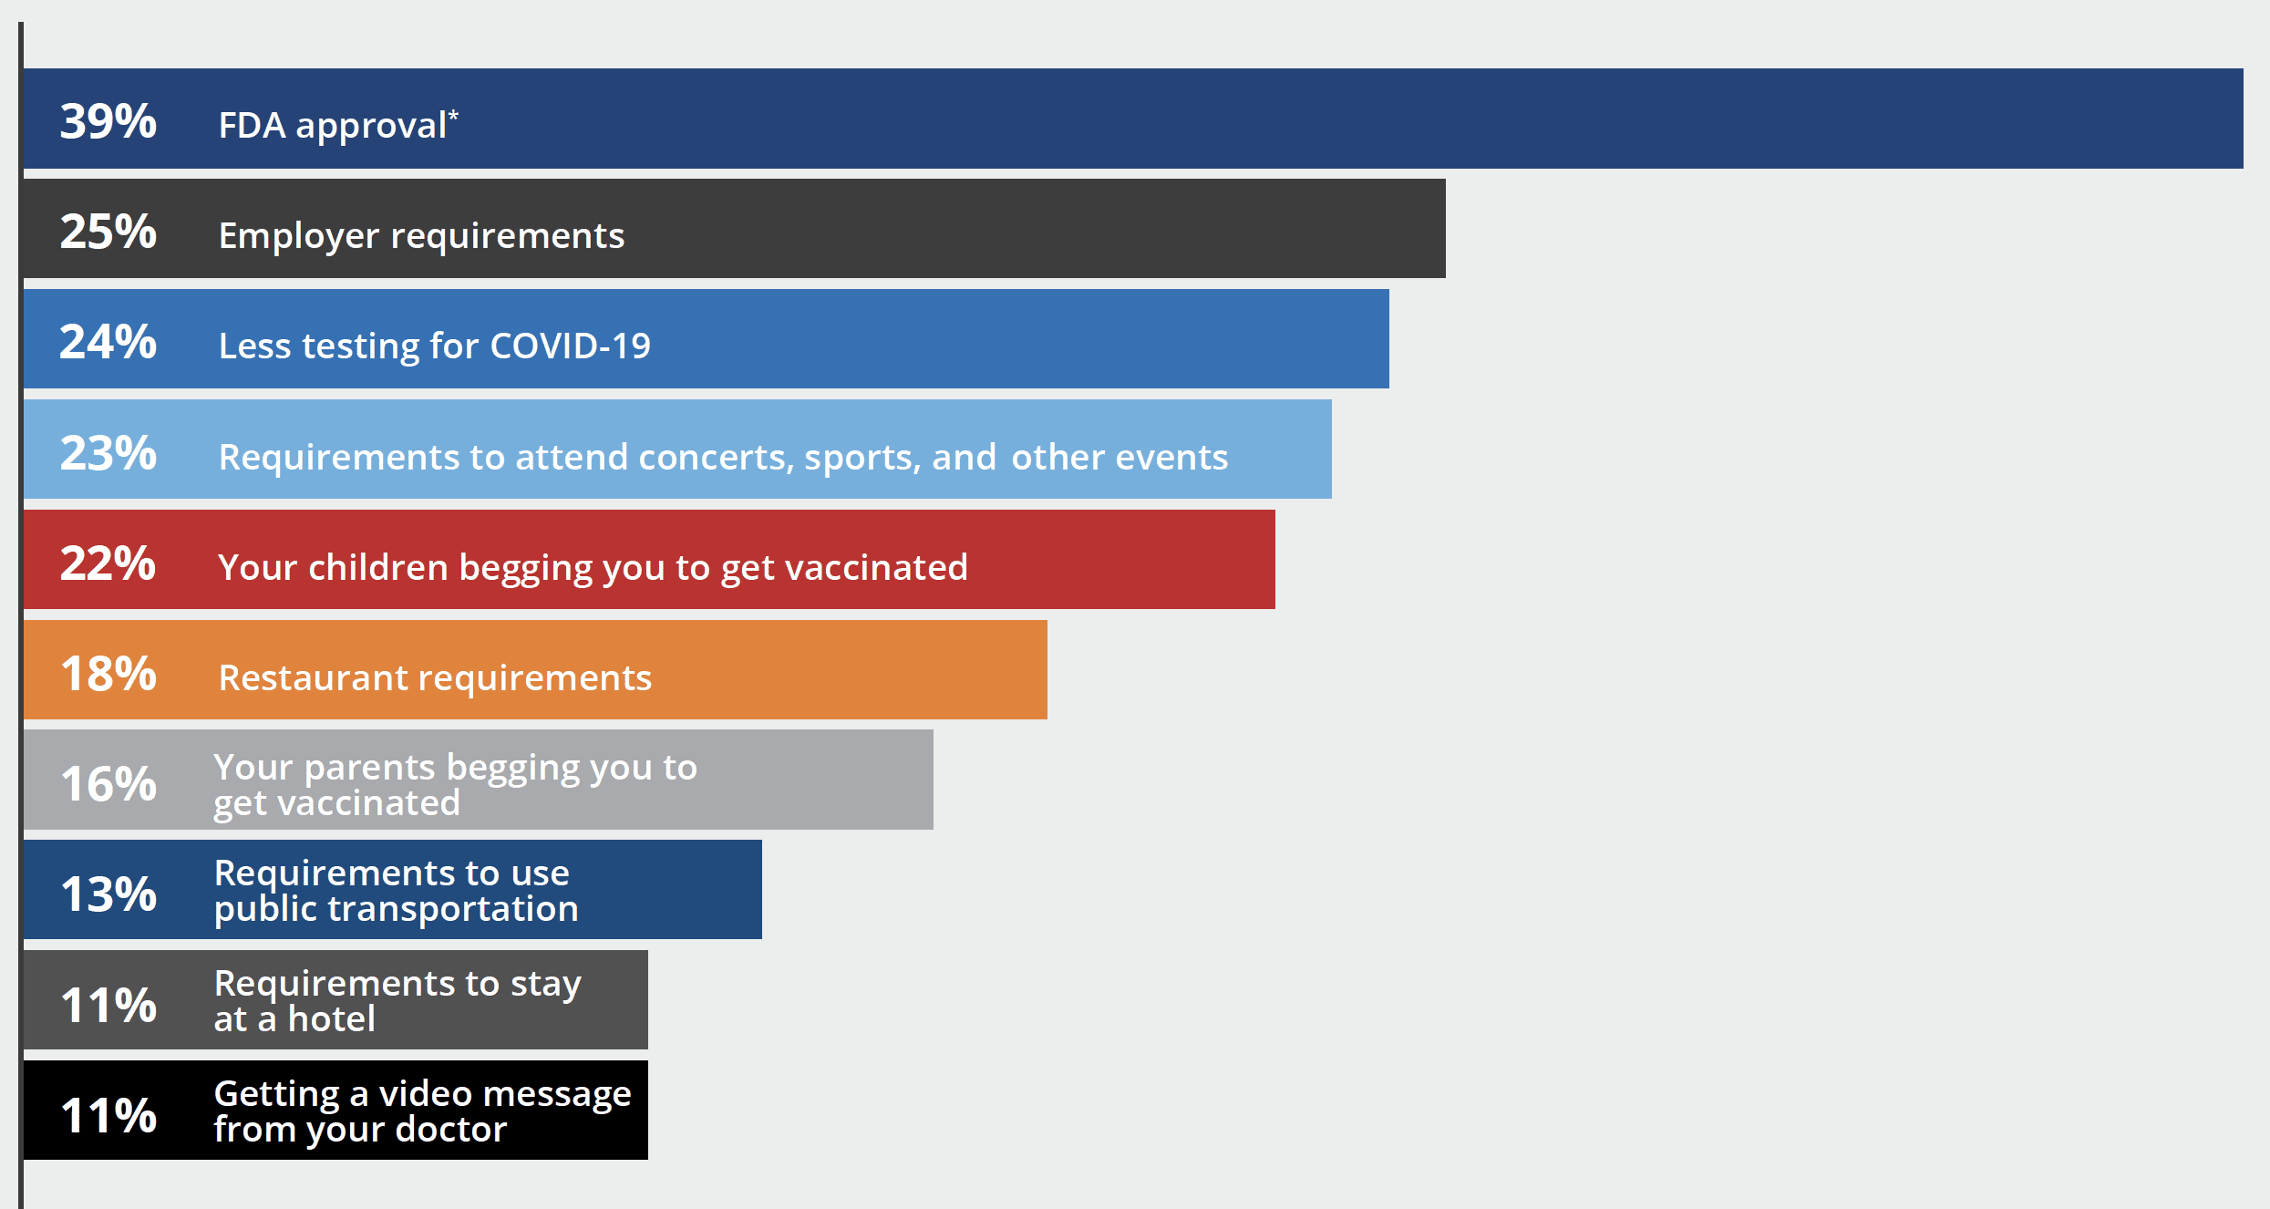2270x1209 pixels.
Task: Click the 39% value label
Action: tap(108, 121)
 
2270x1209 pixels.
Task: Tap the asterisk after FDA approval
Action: tap(453, 115)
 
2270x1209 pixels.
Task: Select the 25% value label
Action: tap(108, 232)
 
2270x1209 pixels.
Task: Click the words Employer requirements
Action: tap(421, 236)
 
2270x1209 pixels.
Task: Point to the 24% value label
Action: tap(108, 342)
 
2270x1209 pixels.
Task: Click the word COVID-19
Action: tap(571, 346)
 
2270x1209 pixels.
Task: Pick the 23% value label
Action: tap(108, 453)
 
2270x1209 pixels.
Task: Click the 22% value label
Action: tap(108, 563)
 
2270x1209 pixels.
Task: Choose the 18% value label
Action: tap(108, 674)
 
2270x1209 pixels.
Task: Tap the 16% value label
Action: tap(108, 784)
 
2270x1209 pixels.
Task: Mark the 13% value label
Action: tap(108, 894)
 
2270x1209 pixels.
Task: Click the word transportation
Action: tap(453, 909)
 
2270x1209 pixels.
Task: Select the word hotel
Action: tap(332, 1018)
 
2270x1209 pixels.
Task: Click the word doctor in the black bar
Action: tap(452, 1130)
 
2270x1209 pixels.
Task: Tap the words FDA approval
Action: tap(333, 126)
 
